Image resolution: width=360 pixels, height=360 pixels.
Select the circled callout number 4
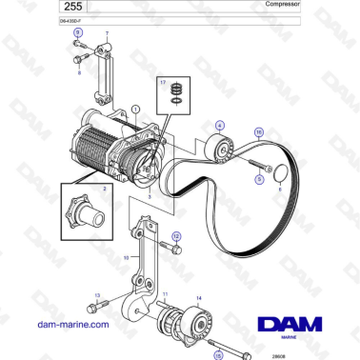point(221,126)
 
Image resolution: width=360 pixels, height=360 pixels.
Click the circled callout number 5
point(256,165)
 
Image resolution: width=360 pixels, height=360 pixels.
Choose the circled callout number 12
point(176,235)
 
